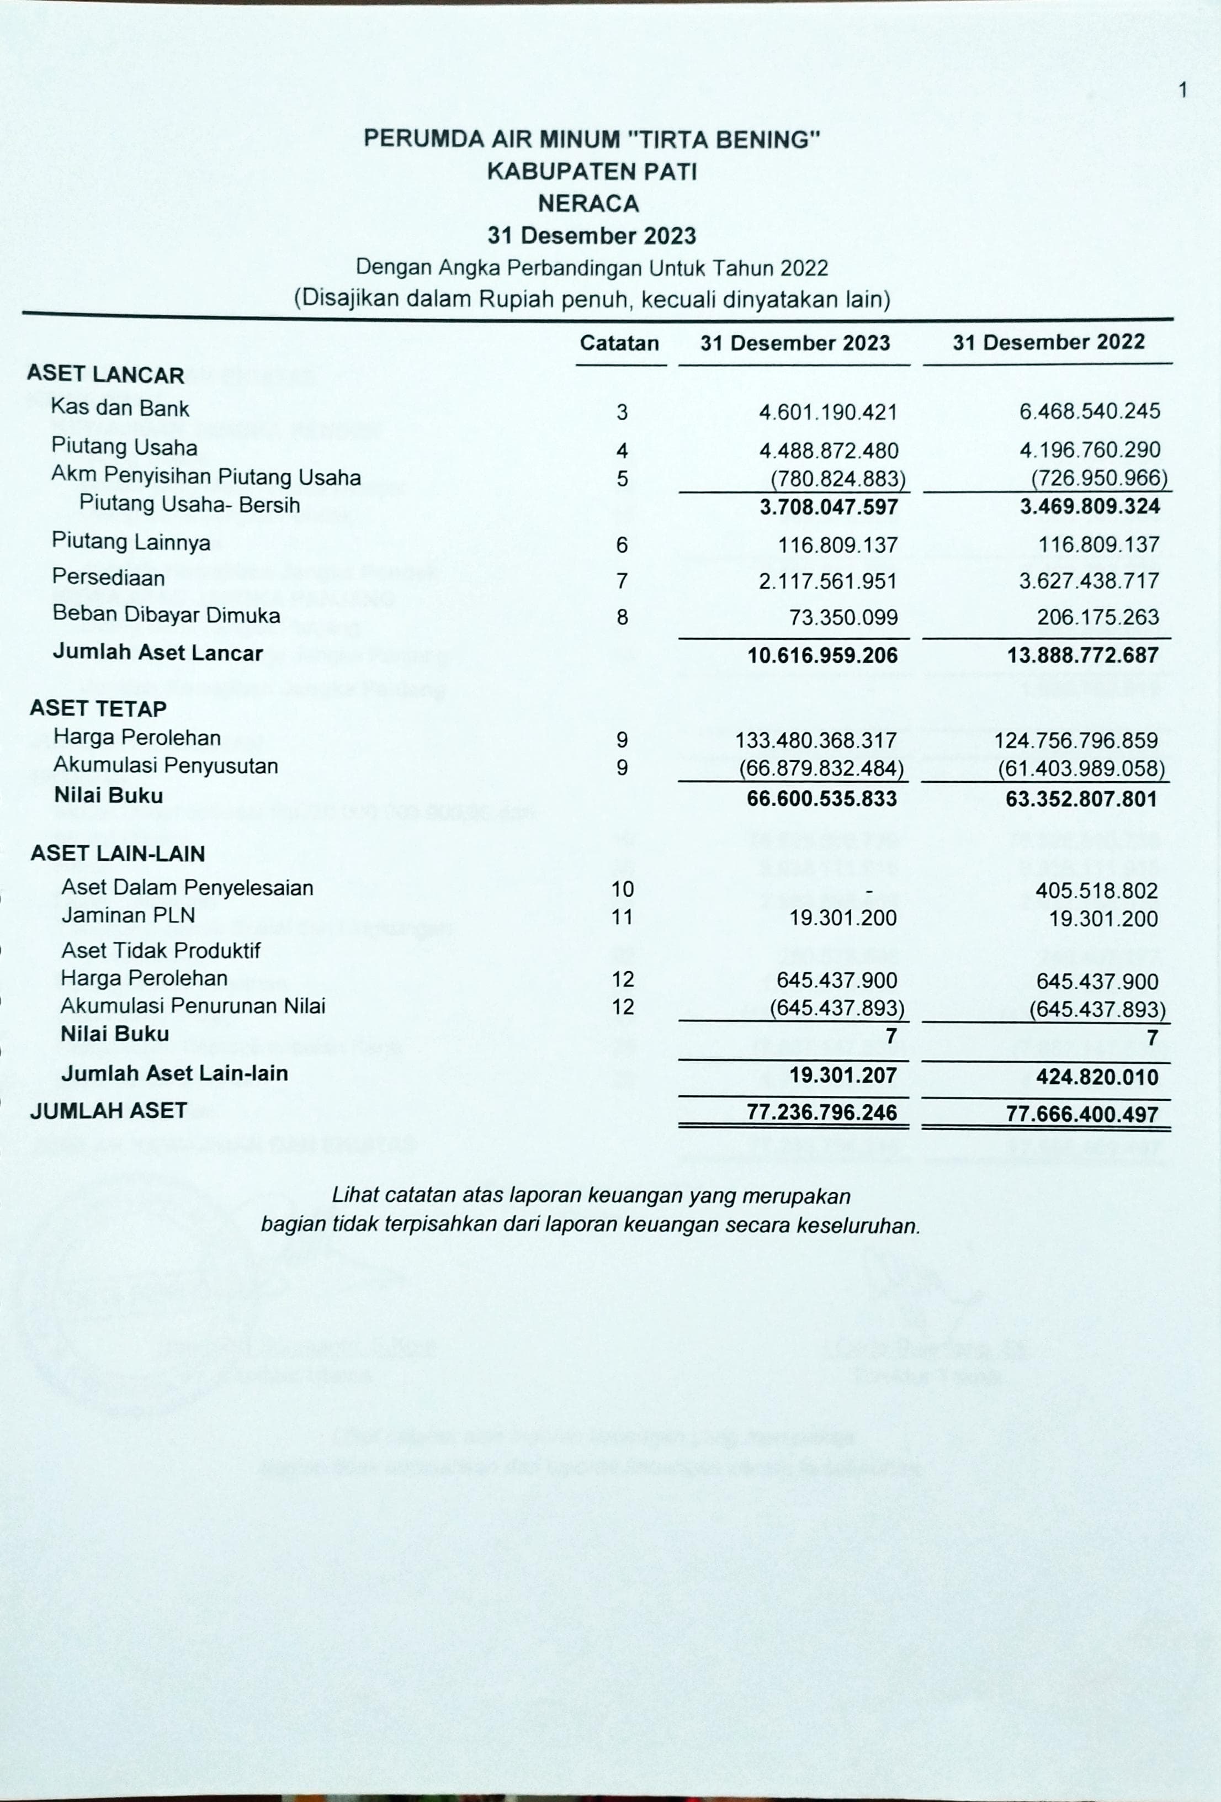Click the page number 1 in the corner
[x=1182, y=91]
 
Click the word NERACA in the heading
[x=589, y=203]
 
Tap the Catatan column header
[x=619, y=343]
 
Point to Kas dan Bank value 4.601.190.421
[x=828, y=412]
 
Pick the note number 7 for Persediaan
[x=622, y=581]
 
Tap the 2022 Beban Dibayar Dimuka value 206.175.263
[x=1098, y=617]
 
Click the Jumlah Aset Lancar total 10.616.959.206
[x=822, y=655]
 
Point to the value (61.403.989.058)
[x=1081, y=768]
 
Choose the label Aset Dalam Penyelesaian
[x=188, y=887]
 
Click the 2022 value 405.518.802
[x=1096, y=891]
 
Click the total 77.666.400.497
[x=1081, y=1114]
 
